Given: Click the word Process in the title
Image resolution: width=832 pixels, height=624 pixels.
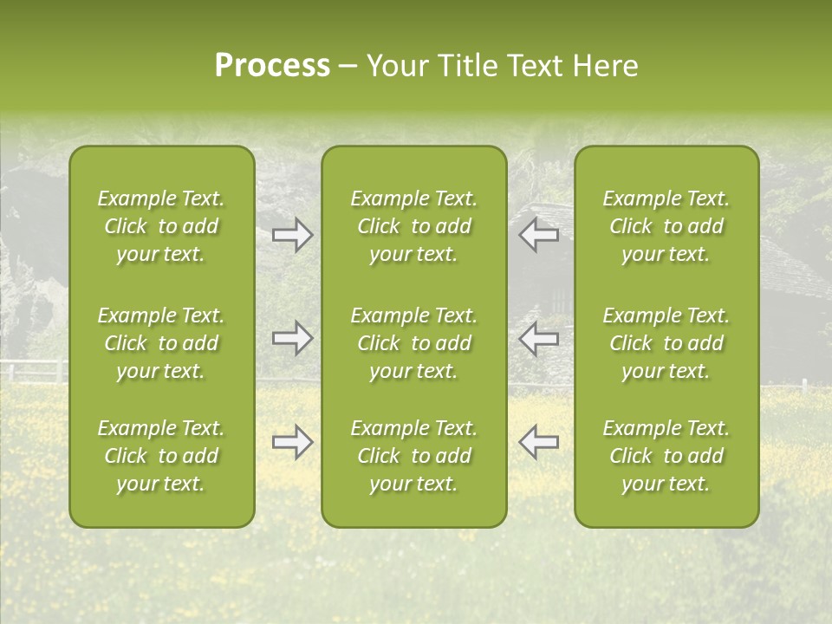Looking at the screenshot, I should (272, 66).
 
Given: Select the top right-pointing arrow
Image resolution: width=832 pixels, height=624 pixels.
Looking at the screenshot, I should (292, 234).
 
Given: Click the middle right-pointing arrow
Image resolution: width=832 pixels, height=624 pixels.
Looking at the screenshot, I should (292, 337).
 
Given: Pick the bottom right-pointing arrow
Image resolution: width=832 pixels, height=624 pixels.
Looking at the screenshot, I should (292, 442).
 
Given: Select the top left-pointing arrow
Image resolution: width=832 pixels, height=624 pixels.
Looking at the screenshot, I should (538, 234).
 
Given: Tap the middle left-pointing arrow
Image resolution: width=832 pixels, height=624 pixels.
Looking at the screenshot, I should (538, 337).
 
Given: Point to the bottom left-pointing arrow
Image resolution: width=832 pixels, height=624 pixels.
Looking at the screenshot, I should (538, 442).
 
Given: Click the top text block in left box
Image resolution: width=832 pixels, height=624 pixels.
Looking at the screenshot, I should (161, 226).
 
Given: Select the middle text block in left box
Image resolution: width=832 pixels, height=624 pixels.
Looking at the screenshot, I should (161, 343).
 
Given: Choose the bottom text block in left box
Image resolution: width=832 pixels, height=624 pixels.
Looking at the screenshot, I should (161, 456).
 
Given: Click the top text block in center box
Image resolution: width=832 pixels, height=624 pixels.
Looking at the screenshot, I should (413, 226).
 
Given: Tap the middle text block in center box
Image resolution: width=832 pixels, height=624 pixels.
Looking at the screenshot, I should (413, 343).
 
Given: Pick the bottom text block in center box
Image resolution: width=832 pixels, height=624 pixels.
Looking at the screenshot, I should (413, 456).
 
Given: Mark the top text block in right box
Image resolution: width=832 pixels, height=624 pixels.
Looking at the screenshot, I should (666, 226).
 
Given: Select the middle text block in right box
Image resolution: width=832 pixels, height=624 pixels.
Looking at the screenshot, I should (666, 343).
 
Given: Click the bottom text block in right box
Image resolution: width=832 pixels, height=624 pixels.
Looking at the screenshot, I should (666, 456).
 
